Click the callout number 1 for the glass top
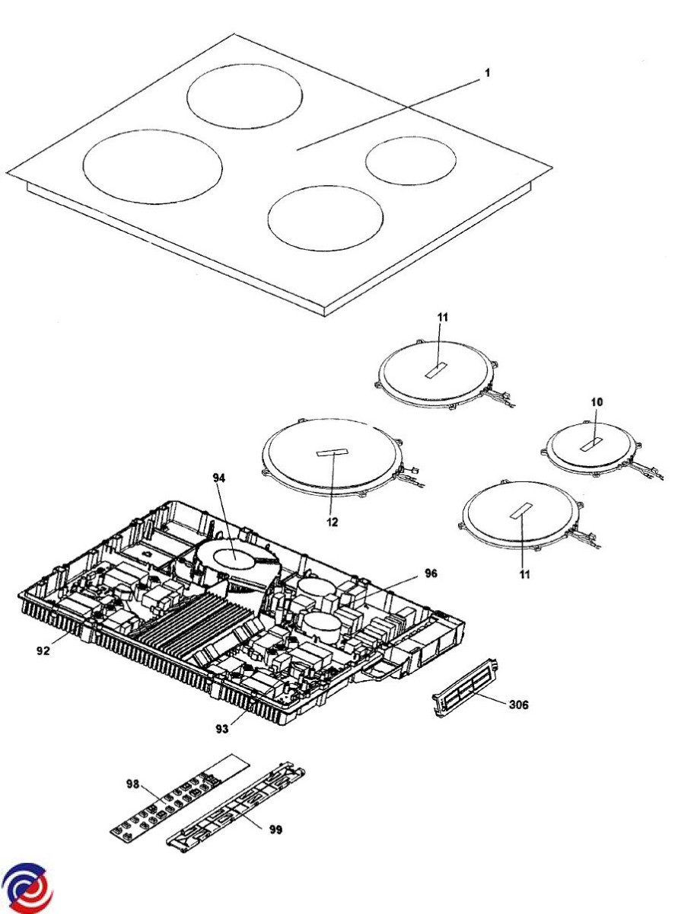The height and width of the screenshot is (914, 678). pyautogui.click(x=488, y=74)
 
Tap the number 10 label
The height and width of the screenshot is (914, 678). pyautogui.click(x=596, y=401)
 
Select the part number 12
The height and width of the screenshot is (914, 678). pyautogui.click(x=333, y=523)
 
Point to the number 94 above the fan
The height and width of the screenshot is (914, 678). pyautogui.click(x=220, y=478)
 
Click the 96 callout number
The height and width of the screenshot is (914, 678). pyautogui.click(x=431, y=573)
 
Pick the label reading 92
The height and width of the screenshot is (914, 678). pyautogui.click(x=43, y=651)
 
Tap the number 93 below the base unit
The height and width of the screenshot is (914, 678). pyautogui.click(x=221, y=730)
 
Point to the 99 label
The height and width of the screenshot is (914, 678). pyautogui.click(x=275, y=829)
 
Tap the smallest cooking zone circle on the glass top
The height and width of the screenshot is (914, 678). pyautogui.click(x=410, y=161)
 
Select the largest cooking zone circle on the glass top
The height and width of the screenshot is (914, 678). pyautogui.click(x=152, y=166)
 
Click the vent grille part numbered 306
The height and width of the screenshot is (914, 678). pyautogui.click(x=465, y=689)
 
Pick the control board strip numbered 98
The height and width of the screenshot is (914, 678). pyautogui.click(x=183, y=796)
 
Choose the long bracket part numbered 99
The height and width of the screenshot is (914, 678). pyautogui.click(x=236, y=808)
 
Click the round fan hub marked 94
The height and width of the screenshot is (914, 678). pyautogui.click(x=235, y=559)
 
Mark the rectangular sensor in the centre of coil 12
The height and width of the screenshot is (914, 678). pyautogui.click(x=329, y=453)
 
